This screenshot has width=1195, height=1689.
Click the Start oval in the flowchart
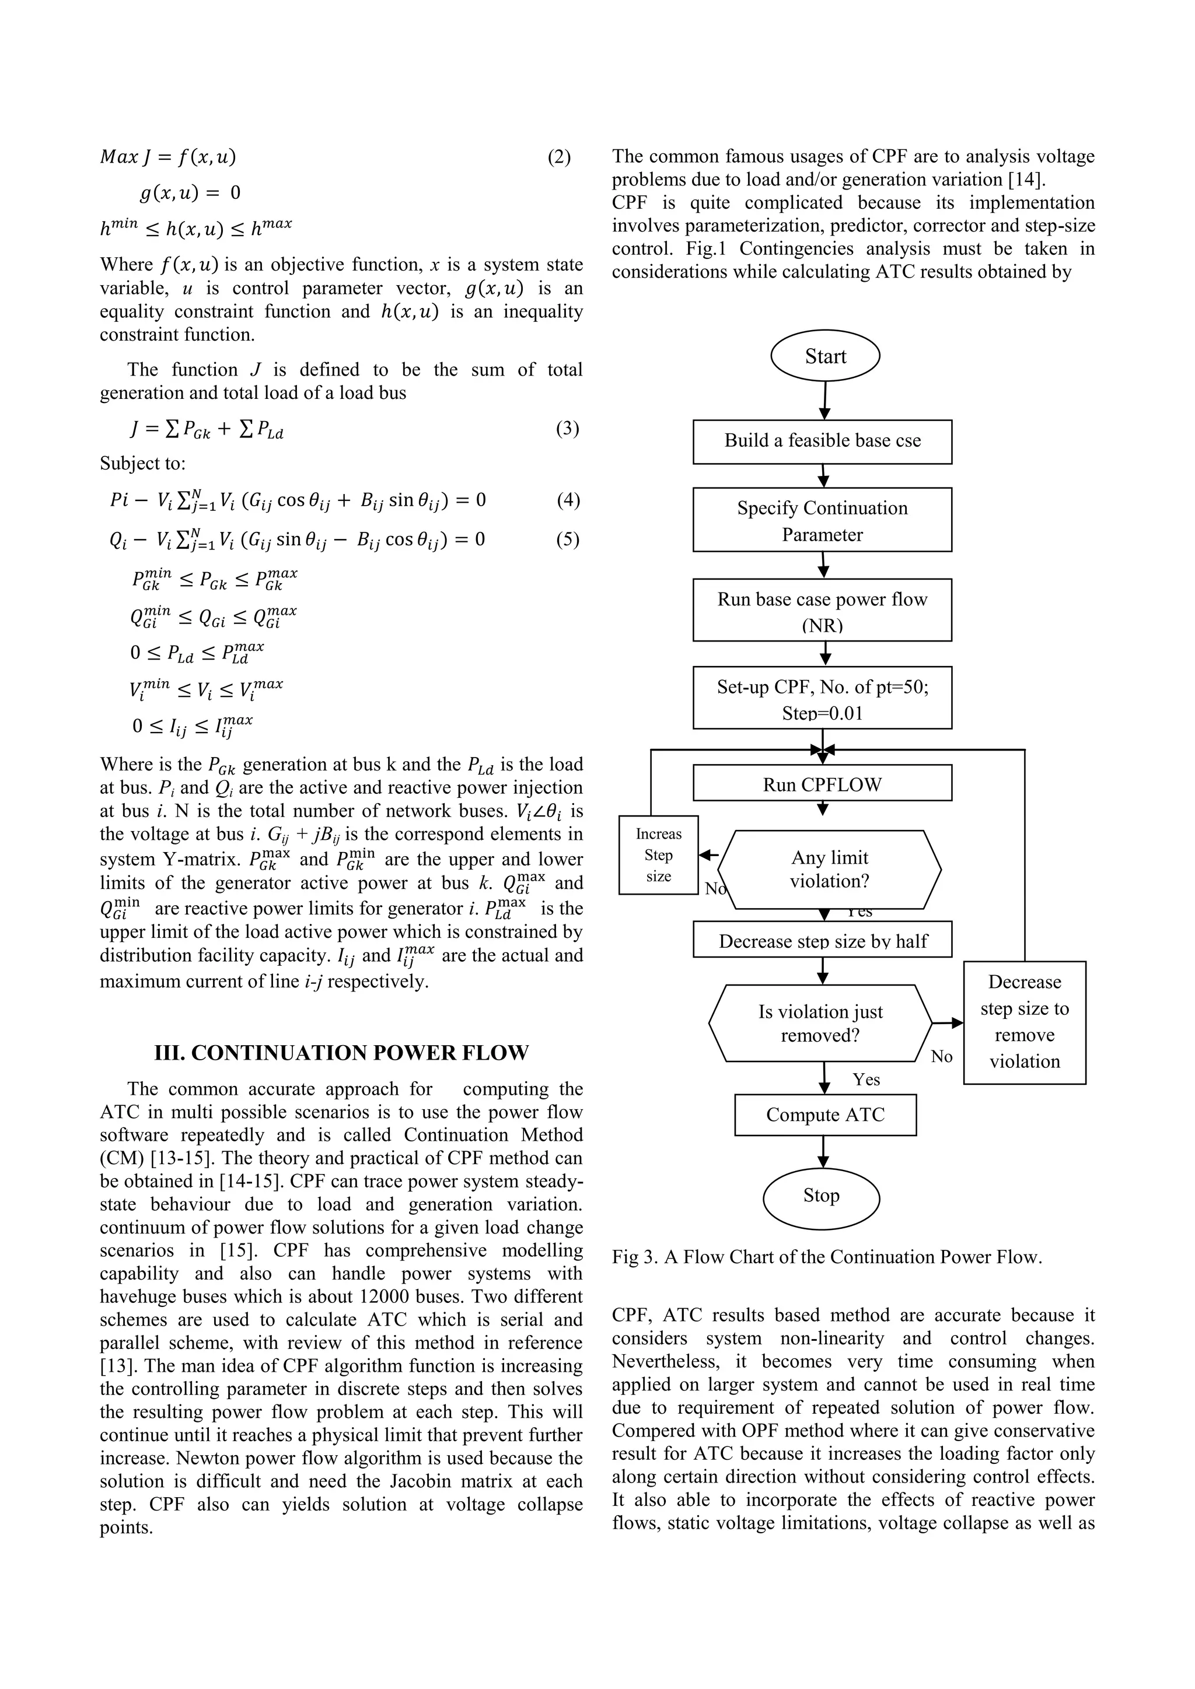[825, 356]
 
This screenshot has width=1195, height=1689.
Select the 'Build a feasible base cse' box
[822, 441]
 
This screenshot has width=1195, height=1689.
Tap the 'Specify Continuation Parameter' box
[822, 520]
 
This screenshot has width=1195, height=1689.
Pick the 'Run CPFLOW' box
[822, 783]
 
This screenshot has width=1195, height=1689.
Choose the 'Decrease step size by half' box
[822, 940]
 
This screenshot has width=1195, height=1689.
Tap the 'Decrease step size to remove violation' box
[1024, 1022]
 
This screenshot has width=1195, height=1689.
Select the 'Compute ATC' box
[825, 1115]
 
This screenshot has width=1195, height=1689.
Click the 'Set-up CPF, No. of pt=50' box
[822, 698]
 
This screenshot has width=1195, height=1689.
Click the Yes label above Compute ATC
[866, 1079]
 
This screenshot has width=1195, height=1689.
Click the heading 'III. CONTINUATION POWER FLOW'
[341, 1053]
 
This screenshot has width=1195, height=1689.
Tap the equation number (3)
[567, 428]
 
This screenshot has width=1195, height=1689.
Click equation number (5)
[567, 539]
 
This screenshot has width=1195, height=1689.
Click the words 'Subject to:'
[143, 464]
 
